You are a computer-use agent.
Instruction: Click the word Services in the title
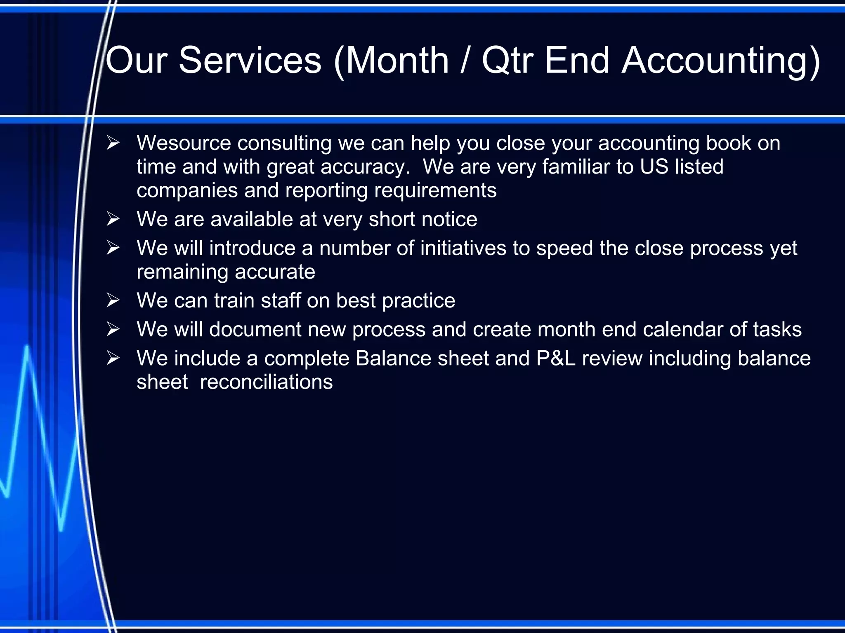pyautogui.click(x=250, y=61)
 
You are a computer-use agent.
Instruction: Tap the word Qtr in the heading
pyautogui.click(x=507, y=61)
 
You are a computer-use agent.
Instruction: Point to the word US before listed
pyautogui.click(x=654, y=166)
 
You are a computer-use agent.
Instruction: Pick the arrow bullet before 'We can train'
pyautogui.click(x=113, y=300)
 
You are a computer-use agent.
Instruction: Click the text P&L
pyautogui.click(x=555, y=358)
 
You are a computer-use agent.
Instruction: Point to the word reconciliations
pyautogui.click(x=266, y=382)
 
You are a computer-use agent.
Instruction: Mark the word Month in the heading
pyautogui.click(x=397, y=61)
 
